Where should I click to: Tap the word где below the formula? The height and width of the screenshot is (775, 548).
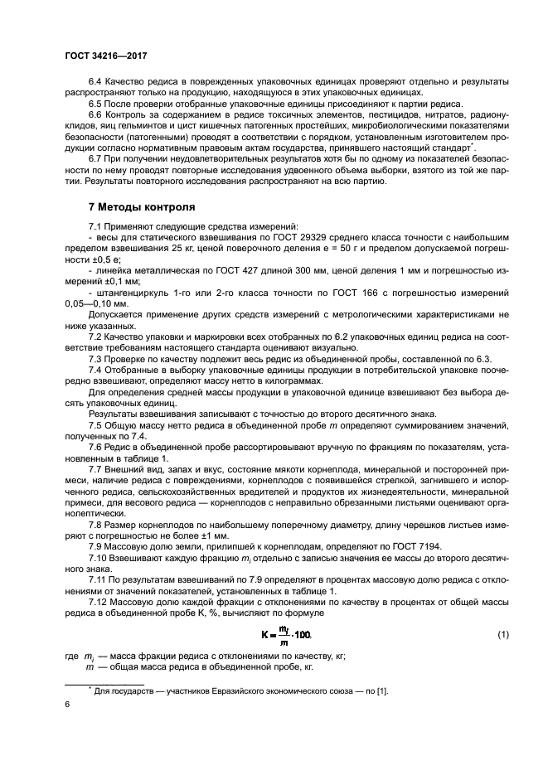tap(72, 655)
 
